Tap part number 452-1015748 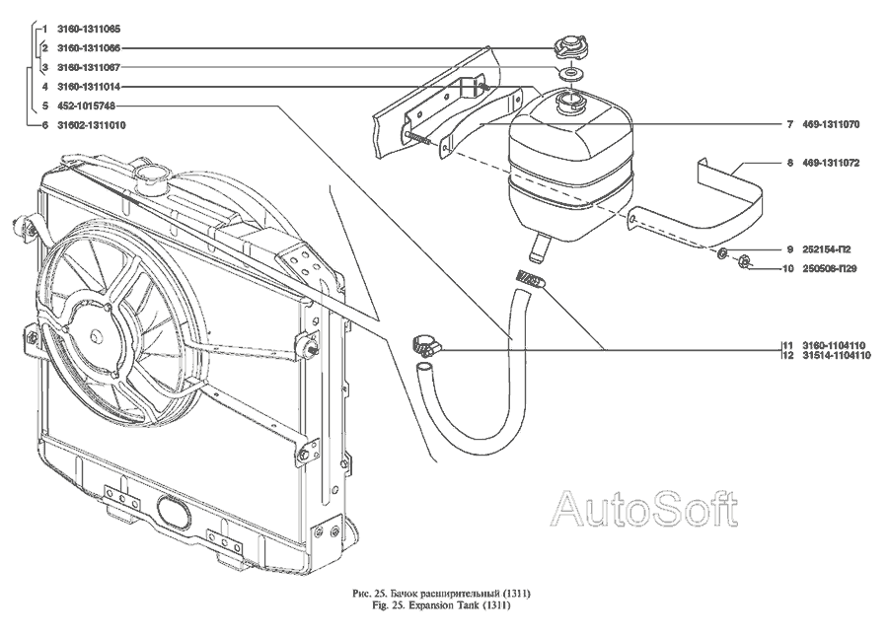tap(77, 106)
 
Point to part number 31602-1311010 tap(83, 126)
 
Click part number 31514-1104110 tap(838, 355)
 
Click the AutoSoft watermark tap(642, 509)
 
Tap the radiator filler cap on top tap(153, 178)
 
